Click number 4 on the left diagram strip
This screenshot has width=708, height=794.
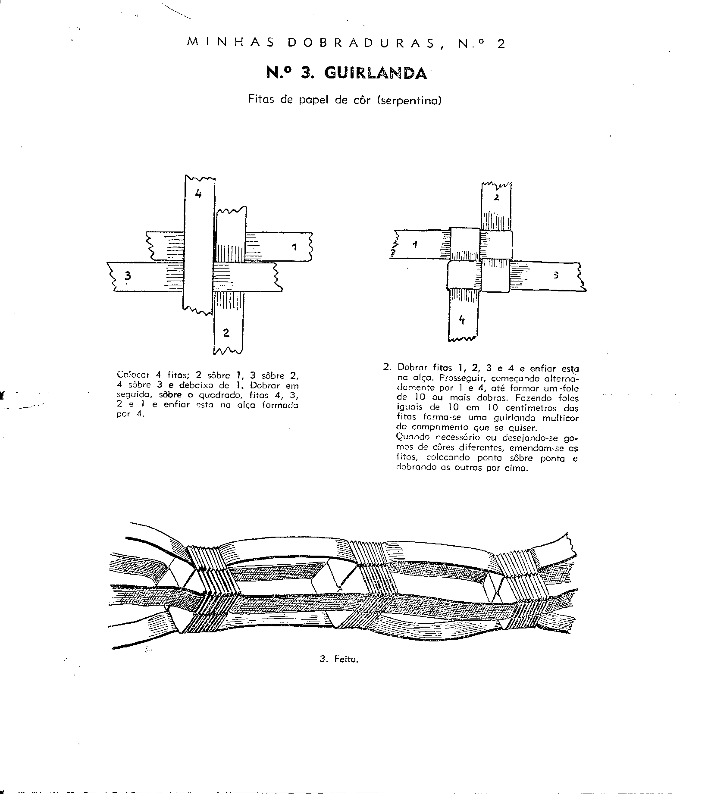(x=198, y=194)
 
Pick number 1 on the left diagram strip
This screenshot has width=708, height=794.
(x=294, y=247)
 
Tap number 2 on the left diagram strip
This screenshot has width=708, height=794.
(x=226, y=332)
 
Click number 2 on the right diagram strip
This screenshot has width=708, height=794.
(x=496, y=198)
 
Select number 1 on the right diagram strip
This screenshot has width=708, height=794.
(x=414, y=245)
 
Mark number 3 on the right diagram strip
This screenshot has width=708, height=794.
(x=556, y=275)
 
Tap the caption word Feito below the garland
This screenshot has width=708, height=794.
(x=346, y=671)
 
